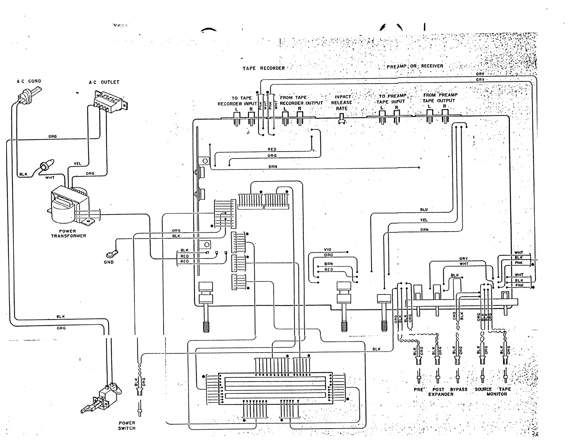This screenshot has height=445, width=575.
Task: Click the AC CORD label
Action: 29,81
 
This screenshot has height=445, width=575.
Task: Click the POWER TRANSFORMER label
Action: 68,233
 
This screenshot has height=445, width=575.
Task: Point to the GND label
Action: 109,262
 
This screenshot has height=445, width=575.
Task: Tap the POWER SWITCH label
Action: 126,425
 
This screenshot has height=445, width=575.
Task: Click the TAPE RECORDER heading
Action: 264,68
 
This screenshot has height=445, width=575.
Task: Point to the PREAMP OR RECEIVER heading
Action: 415,67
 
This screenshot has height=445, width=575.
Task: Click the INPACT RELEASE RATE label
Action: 342,103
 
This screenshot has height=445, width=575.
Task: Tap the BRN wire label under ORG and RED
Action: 273,167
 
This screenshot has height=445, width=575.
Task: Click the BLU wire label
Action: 424,210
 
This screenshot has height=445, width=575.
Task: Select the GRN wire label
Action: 424,230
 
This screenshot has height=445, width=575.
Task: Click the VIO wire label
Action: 327,250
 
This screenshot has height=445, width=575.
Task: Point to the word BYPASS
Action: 458,389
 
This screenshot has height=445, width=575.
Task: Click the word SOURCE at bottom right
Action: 483,389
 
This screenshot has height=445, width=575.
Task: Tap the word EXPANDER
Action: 441,394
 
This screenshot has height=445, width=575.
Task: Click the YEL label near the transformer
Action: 77,164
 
